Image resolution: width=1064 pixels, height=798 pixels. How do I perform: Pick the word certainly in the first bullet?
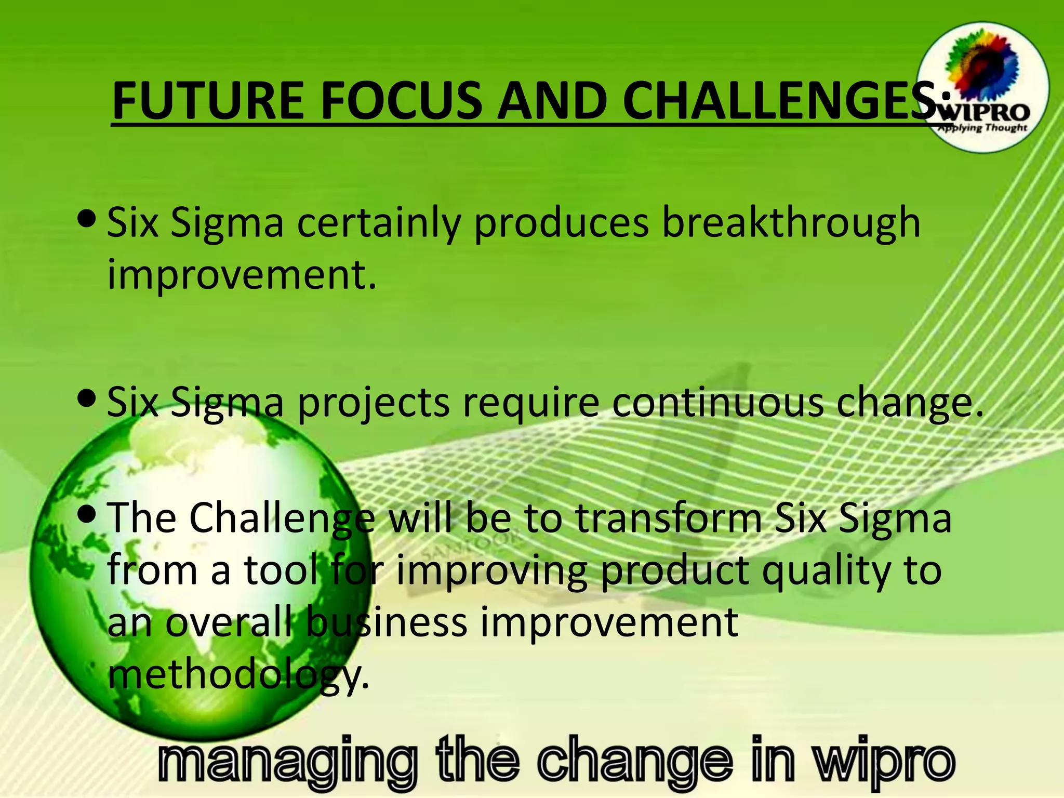pyautogui.click(x=379, y=223)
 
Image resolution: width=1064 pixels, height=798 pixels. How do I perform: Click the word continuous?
pyautogui.click(x=717, y=403)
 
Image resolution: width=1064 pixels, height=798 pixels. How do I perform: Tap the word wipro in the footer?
pyautogui.click(x=884, y=762)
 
